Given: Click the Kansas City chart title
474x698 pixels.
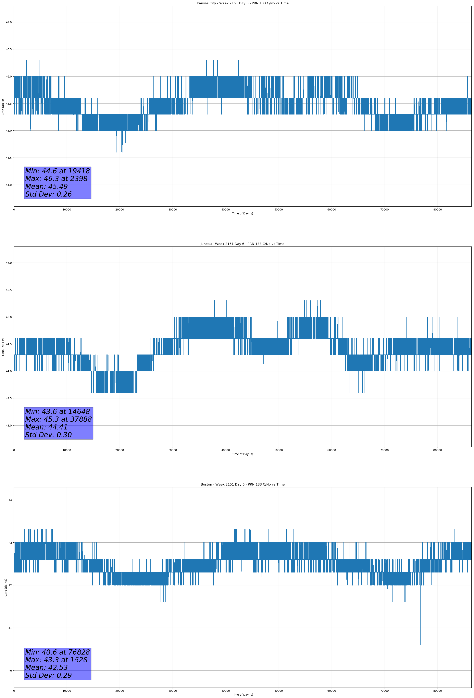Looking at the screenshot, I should click(x=242, y=3).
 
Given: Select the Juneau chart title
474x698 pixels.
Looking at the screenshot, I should click(x=242, y=244).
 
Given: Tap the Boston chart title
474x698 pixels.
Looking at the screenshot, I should click(x=242, y=485).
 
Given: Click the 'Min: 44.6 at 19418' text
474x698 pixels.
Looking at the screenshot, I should click(x=57, y=171).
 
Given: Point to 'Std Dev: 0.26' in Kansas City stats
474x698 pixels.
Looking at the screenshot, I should click(x=48, y=194).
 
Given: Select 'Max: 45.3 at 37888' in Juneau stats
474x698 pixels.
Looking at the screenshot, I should click(x=58, y=419).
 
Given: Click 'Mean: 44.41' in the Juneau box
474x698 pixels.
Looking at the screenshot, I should click(x=46, y=427).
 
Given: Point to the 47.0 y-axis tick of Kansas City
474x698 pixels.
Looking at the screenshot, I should click(x=9, y=22).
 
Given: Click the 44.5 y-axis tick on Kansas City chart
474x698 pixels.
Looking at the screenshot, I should click(x=9, y=158).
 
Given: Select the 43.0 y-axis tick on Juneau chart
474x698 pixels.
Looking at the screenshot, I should click(x=9, y=425).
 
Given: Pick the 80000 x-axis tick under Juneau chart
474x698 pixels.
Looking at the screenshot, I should click(x=437, y=450).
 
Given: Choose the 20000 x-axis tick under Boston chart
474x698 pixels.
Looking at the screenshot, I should click(x=120, y=691).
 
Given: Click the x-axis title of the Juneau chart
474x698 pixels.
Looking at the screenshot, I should click(x=242, y=454).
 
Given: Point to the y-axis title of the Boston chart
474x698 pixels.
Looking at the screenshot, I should click(x=6, y=587).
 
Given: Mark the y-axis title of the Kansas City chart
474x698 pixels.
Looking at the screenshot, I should click(x=3, y=106).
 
